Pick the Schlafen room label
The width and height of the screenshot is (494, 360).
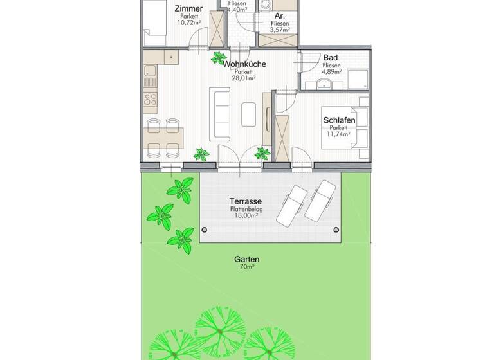pos(338,120)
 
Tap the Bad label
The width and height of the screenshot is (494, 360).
pos(331,57)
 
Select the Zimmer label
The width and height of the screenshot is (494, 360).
pos(190,8)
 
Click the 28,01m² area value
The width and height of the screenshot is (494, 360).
pos(244,78)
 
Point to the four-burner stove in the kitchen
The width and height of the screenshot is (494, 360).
pos(151,100)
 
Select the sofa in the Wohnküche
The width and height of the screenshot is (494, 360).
pos(221,114)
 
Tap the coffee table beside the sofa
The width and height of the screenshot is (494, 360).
pos(248,114)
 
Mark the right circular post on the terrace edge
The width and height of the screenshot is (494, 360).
pos(334,230)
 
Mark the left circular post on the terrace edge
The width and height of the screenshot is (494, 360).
pos(205,230)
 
